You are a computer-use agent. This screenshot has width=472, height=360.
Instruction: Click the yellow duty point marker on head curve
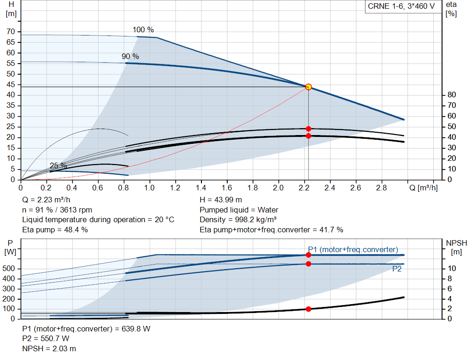click(308, 87)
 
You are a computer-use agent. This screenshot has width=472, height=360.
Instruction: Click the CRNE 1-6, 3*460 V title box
click(401, 6)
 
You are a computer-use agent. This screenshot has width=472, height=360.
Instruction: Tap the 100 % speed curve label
click(143, 30)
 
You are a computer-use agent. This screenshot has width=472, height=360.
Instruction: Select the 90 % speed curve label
click(130, 56)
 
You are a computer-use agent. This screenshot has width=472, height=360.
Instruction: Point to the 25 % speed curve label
click(59, 165)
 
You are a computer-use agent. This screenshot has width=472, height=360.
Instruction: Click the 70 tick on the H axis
click(11, 32)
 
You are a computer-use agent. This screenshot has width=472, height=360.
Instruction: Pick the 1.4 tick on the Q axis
click(201, 188)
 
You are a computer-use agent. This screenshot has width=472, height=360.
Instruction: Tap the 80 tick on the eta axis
click(452, 95)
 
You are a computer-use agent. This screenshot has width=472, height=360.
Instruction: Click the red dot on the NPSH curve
click(308, 309)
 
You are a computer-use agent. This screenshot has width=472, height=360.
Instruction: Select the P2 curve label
click(397, 269)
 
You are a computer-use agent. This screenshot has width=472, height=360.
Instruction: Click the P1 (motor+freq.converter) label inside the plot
click(353, 249)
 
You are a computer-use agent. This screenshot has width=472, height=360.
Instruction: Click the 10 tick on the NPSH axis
click(452, 268)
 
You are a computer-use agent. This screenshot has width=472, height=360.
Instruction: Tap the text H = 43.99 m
click(221, 200)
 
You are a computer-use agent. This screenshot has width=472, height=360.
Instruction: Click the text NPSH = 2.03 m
click(49, 348)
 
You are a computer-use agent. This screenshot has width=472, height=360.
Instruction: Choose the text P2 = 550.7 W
click(46, 339)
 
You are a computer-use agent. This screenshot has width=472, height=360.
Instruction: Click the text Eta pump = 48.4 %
click(55, 230)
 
